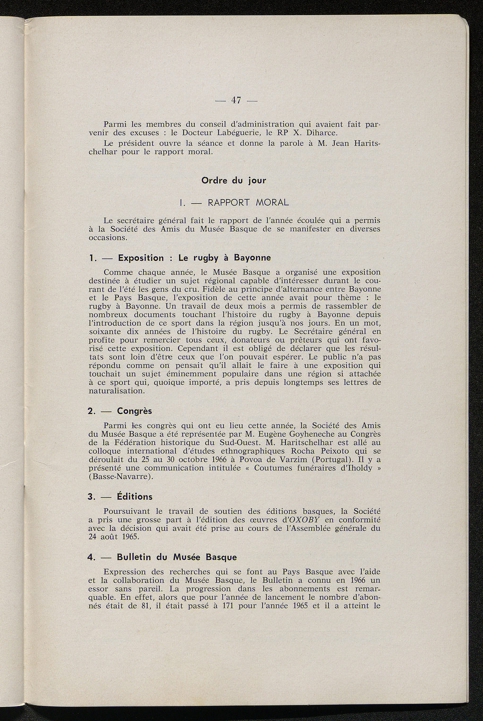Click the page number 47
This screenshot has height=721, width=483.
[237, 100]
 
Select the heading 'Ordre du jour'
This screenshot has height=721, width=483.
[233, 180]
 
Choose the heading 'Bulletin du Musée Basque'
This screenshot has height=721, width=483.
[169, 557]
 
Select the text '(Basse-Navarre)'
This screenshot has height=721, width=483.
[121, 477]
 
